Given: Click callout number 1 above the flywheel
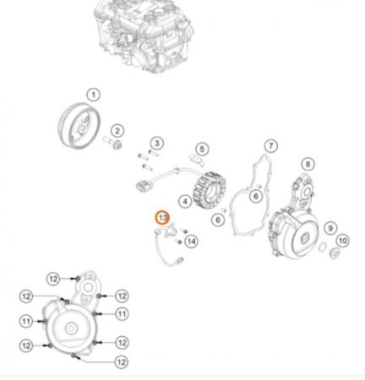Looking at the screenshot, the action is tap(94, 95).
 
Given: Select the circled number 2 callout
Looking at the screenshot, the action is tap(117, 131).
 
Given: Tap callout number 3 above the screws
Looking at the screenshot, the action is tap(157, 144).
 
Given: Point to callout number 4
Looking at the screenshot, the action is tap(185, 201).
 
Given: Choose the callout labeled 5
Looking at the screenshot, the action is tap(202, 149).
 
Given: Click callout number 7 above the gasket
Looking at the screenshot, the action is tap(271, 146).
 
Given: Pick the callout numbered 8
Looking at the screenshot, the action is tap(308, 164).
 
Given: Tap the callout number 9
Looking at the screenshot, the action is tap(330, 228).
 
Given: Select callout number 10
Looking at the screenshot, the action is tap(342, 241).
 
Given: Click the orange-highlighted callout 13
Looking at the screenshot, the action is tap(163, 218).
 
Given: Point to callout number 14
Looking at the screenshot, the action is tap(192, 242).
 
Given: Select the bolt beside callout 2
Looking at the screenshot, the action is tap(112, 143).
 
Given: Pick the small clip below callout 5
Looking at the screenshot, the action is tap(197, 160).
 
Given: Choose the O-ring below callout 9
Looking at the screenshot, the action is tap(323, 247).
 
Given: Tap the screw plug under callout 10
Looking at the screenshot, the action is tap(335, 252).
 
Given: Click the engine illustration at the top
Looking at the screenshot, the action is tap(144, 35).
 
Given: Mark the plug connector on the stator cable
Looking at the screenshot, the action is tap(144, 186).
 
